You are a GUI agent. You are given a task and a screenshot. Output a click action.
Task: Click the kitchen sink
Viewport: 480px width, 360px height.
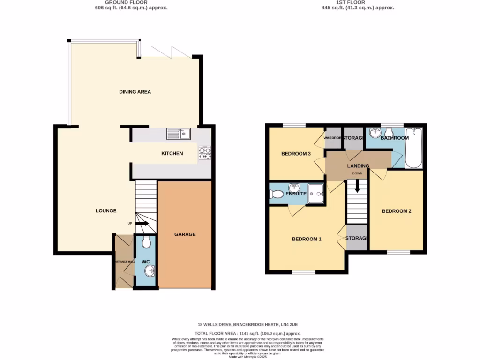click(178, 135)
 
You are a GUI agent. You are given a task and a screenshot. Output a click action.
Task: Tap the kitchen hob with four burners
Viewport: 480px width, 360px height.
click(204, 153)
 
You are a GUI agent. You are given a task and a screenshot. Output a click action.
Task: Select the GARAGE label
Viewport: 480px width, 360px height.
click(185, 234)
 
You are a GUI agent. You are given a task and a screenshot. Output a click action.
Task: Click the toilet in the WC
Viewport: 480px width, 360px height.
click(146, 242)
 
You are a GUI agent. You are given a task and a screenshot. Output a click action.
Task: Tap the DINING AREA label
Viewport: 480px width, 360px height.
click(135, 92)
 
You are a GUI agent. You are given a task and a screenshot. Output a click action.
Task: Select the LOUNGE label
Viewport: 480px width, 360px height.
click(106, 211)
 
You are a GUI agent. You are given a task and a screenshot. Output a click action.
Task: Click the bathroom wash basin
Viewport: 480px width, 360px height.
click(375, 134)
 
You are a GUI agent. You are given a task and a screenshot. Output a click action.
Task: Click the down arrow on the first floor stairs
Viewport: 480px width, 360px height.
click(357, 187)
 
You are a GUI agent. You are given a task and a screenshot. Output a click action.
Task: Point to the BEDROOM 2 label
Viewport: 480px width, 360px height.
click(397, 211)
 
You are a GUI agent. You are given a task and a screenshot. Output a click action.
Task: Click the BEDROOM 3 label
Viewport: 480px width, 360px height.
click(296, 154)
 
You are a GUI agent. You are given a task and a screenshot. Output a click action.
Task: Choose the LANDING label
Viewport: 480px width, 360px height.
click(358, 166)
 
